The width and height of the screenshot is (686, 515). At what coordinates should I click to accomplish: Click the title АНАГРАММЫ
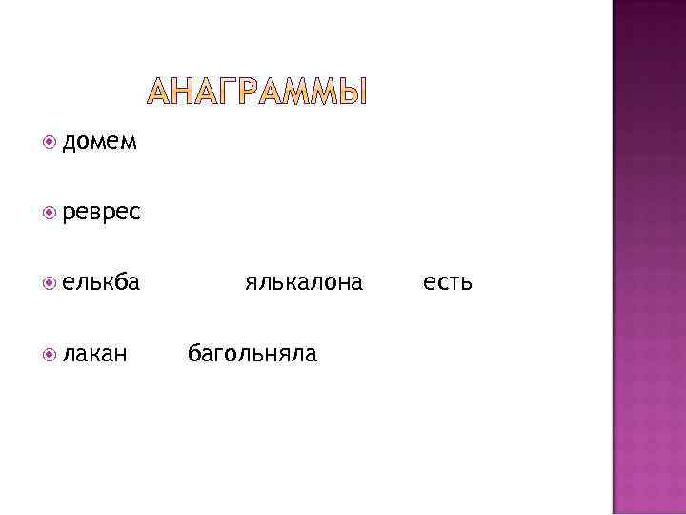coord(256,92)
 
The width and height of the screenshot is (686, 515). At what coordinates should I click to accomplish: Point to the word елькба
coord(101,282)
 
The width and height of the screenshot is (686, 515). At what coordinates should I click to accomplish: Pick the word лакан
coord(95,354)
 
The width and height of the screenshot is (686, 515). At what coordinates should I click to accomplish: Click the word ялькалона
coord(303,282)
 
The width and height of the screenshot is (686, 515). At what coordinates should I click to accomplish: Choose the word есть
coord(447,282)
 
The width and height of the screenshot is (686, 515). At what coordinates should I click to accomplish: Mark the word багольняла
coord(252,354)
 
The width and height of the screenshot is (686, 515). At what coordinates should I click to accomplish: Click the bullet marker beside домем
coord(50,143)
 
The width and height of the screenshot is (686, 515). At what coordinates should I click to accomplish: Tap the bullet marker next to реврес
coord(50,213)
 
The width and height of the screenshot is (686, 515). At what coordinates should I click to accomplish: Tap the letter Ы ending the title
coord(352,92)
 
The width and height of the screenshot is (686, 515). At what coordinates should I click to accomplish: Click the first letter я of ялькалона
coord(250,283)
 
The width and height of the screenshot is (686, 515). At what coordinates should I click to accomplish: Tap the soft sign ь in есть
coord(466,283)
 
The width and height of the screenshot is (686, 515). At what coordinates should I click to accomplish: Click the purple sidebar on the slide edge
coord(648,257)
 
